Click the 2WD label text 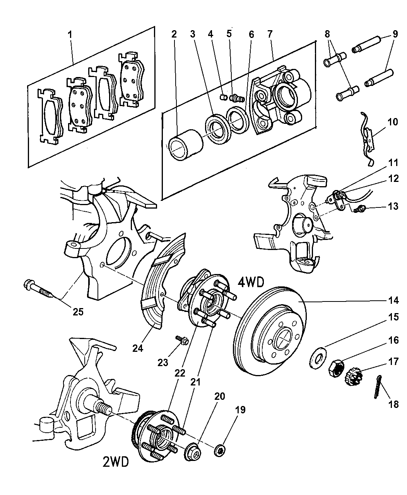click(x=116, y=461)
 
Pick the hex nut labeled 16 click(x=337, y=365)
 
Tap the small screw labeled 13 click(x=362, y=209)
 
